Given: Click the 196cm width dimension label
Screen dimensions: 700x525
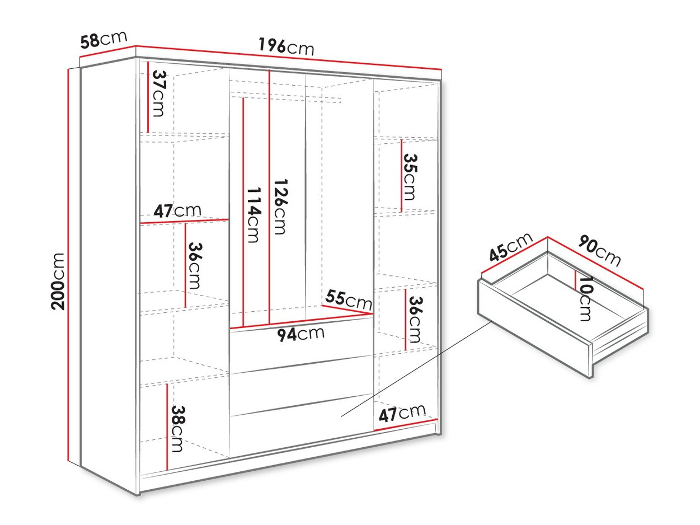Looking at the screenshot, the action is click(286, 47).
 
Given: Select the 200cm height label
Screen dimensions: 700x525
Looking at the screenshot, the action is click(58, 282).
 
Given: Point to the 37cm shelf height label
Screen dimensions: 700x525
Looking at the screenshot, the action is click(158, 93).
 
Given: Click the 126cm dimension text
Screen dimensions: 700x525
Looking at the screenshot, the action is click(281, 207).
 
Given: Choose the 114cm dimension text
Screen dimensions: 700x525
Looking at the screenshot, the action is click(254, 215).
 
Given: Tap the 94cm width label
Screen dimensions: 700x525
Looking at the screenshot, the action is click(300, 334).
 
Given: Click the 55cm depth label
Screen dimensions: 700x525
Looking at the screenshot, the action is click(349, 299).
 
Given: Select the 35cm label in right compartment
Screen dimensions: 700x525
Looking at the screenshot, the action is click(410, 177).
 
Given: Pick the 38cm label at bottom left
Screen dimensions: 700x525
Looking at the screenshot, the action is click(177, 429).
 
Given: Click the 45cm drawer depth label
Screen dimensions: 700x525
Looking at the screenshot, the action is click(511, 247).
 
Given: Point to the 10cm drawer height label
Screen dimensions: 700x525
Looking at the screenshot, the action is click(586, 298).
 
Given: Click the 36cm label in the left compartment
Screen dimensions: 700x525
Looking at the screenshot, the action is click(195, 266).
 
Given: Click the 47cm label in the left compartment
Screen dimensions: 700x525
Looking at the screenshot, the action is click(177, 211).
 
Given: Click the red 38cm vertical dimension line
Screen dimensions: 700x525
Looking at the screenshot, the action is click(167, 427).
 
